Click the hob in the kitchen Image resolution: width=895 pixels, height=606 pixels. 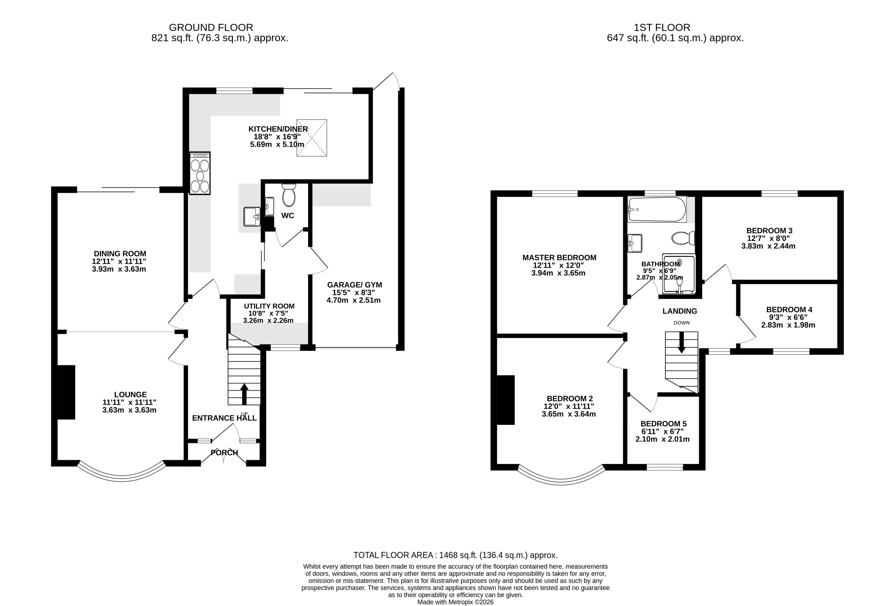click(x=200, y=173)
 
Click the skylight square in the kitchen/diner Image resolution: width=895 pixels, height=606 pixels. click(x=311, y=138)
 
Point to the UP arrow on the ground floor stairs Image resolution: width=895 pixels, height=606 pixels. click(x=244, y=394)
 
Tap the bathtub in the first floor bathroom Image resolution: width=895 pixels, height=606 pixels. click(x=657, y=209)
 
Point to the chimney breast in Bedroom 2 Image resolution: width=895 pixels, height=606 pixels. click(x=506, y=400)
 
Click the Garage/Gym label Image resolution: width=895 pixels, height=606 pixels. click(x=354, y=285)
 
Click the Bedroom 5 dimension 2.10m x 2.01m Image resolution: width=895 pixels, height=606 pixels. click(x=662, y=439)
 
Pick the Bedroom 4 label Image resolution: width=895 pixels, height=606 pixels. click(x=789, y=310)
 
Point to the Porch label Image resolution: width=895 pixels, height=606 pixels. click(x=224, y=453)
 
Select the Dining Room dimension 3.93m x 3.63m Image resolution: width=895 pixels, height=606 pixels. click(x=119, y=269)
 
